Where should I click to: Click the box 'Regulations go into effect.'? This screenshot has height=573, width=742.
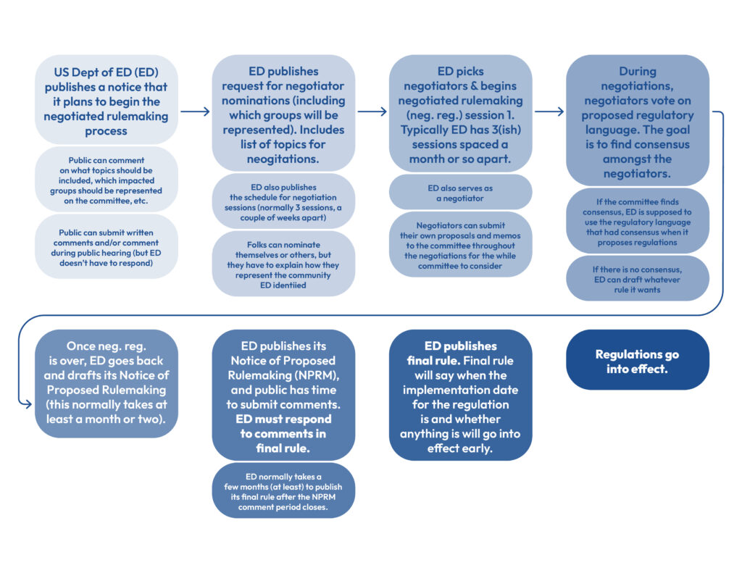coord(637,361)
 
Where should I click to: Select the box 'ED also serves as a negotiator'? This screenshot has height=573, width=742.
coord(460,192)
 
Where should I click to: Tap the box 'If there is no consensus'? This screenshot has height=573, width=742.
coord(637,278)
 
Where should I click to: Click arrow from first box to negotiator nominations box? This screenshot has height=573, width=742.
coord(194,112)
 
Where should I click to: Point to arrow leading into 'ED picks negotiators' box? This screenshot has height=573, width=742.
coord(372,112)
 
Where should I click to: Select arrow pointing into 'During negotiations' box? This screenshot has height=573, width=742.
coord(549,112)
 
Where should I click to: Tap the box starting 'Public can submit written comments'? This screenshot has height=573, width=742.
coord(106,248)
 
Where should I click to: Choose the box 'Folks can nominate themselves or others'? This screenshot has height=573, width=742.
coord(283,264)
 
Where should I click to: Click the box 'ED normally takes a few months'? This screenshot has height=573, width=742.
coord(283,491)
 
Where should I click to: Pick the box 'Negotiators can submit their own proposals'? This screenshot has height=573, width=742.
coord(460,246)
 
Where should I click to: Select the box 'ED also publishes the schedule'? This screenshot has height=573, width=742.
coord(283,201)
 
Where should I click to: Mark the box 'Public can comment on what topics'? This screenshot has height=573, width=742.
coord(106,180)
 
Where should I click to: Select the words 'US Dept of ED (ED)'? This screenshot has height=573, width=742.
coord(106,72)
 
